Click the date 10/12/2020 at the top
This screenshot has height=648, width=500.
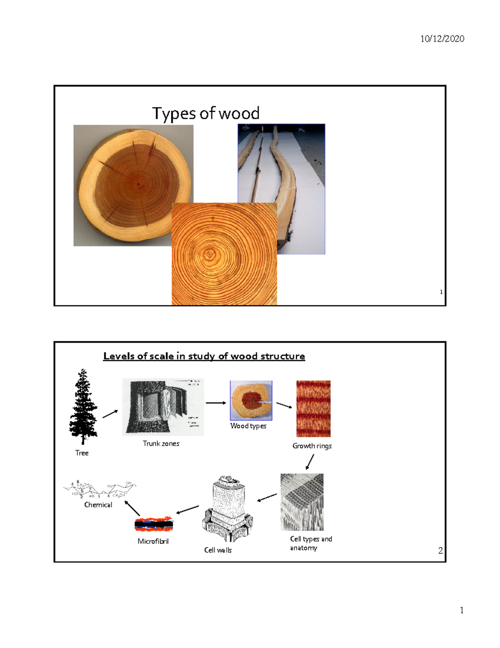click(442, 39)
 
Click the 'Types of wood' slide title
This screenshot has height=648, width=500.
click(206, 113)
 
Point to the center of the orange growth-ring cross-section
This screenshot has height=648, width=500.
click(209, 254)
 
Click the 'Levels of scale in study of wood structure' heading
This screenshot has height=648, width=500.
click(204, 356)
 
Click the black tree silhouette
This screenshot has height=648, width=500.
click(83, 407)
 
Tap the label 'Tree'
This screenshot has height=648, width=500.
click(82, 453)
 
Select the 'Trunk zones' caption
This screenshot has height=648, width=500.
click(161, 444)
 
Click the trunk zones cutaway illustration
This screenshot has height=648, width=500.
click(163, 407)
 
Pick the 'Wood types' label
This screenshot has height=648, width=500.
click(248, 426)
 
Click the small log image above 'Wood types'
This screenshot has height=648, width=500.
click(251, 401)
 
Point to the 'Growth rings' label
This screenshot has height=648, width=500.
click(312, 446)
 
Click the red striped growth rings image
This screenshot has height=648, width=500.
click(313, 408)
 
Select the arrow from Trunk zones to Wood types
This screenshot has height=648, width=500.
click(216, 403)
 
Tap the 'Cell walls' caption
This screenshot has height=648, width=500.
click(218, 550)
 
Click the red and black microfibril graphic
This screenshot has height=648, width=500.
click(154, 524)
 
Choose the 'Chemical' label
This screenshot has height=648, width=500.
click(98, 505)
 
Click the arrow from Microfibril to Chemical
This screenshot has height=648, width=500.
click(132, 509)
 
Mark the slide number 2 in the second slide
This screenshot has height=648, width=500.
click(440, 551)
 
